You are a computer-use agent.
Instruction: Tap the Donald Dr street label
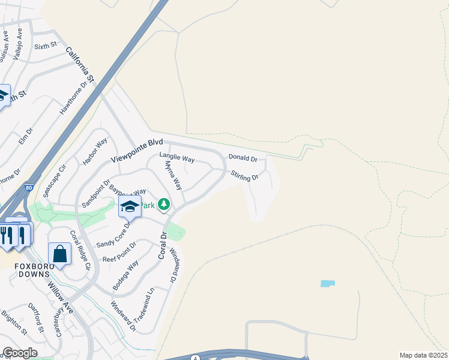[243, 159]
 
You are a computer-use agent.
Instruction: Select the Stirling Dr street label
[244, 176]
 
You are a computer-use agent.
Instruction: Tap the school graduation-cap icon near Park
[130, 207]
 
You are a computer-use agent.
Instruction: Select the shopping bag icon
[60, 254]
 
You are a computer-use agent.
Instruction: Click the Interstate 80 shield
[29, 188]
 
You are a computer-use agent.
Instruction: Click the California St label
[80, 65]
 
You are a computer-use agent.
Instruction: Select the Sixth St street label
[45, 45]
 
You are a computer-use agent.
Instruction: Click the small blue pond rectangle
[328, 283]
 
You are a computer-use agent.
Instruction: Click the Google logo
[20, 353]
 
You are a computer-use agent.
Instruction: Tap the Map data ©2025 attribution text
[423, 355]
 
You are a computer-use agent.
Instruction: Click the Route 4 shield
[196, 358]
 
